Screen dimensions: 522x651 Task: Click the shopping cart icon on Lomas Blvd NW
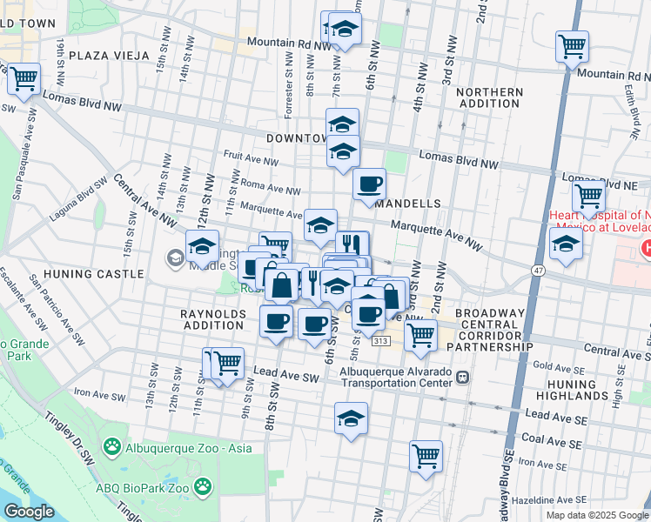(x=23, y=79)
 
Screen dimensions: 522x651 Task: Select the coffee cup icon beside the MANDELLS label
(x=370, y=184)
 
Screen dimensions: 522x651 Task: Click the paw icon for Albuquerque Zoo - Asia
(x=112, y=446)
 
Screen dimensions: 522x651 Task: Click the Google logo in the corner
(x=30, y=512)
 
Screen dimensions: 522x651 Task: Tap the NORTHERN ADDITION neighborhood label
(x=489, y=97)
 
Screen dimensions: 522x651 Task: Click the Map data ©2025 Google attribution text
(x=597, y=515)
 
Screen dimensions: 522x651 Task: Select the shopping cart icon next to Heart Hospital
(x=589, y=197)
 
